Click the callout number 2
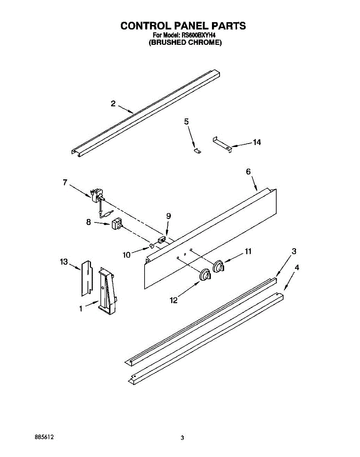pos(113,103)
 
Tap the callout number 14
pos(257,142)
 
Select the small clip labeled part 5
pos(197,151)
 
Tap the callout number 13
pos(64,262)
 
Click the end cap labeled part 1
pos(107,291)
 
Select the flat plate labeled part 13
pos(87,278)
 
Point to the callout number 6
pos(248,172)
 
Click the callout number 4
pos(297,267)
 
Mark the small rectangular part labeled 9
pos(162,240)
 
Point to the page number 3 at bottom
pos(182,438)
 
